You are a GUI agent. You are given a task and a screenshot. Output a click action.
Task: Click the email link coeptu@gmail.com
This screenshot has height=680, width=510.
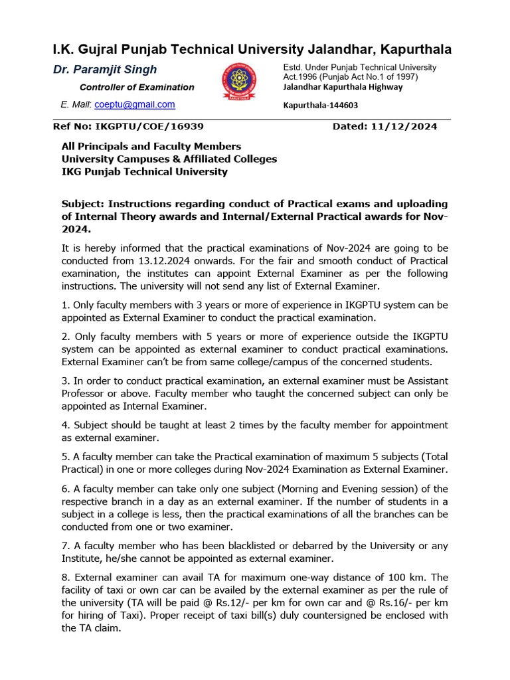(x=135, y=104)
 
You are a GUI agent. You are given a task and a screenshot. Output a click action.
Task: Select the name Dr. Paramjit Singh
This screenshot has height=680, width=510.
(x=105, y=70)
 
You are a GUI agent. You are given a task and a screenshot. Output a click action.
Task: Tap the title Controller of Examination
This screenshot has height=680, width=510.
(x=137, y=87)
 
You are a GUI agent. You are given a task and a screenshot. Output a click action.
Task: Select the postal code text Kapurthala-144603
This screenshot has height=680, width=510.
(x=321, y=105)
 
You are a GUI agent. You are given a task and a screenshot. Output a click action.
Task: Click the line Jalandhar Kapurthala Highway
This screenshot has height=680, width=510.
(x=343, y=86)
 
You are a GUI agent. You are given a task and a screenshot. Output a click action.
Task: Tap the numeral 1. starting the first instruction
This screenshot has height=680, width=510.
(x=65, y=305)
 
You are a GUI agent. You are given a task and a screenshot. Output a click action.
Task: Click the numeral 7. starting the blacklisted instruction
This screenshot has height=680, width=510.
(x=65, y=546)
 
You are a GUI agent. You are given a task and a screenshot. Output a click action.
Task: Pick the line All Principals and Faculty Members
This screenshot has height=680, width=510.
(x=151, y=146)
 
